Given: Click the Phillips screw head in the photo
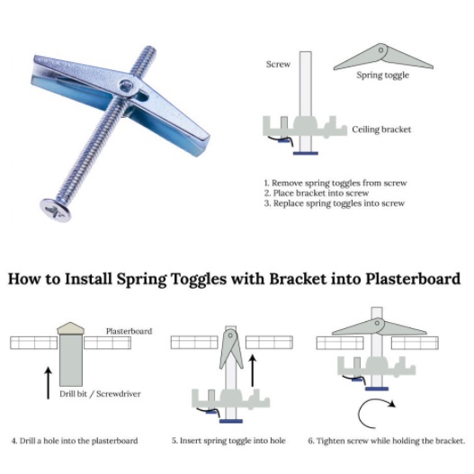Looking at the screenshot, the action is pyautogui.click(x=56, y=210).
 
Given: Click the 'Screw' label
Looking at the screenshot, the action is pyautogui.click(x=278, y=64).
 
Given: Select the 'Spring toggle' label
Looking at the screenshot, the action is pyautogui.click(x=382, y=76).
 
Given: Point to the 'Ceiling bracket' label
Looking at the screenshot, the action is pyautogui.click(x=381, y=130).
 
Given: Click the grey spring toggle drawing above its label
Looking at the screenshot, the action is pyautogui.click(x=383, y=58).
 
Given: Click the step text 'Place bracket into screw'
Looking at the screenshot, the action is pyautogui.click(x=321, y=192).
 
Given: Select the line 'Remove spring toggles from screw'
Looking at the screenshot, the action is pyautogui.click(x=339, y=183).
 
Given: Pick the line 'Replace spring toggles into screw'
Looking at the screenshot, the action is pyautogui.click(x=339, y=203).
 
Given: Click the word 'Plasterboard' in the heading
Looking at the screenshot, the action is pyautogui.click(x=413, y=279).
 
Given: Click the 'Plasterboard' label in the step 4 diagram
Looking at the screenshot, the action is pyautogui.click(x=130, y=331).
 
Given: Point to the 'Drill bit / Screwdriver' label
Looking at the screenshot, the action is pyautogui.click(x=100, y=394).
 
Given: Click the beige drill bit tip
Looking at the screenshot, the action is pyautogui.click(x=71, y=328).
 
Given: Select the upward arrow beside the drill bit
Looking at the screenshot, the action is pyautogui.click(x=48, y=383).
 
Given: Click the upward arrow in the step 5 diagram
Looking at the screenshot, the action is pyautogui.click(x=253, y=371).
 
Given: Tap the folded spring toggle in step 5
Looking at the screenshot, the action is pyautogui.click(x=231, y=349).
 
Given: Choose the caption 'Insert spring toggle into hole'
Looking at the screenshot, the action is pyautogui.click(x=232, y=441).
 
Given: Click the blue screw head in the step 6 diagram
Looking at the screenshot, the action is pyautogui.click(x=377, y=389).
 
